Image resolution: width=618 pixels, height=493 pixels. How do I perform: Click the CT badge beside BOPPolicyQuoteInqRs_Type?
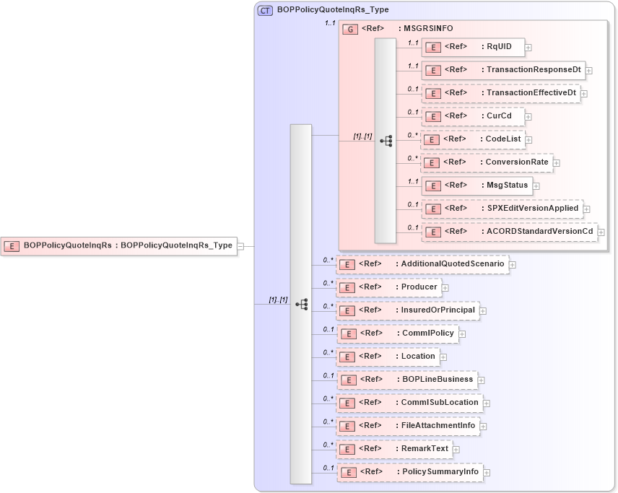pyautogui.click(x=265, y=10)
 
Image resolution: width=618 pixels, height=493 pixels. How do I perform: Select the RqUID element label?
pyautogui.click(x=499, y=47)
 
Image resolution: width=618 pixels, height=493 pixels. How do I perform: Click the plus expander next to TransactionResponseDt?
pyautogui.click(x=589, y=71)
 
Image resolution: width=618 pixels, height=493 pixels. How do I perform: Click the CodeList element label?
pyautogui.click(x=504, y=139)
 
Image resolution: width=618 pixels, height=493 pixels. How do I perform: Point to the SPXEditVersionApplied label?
pyautogui.click(x=533, y=209)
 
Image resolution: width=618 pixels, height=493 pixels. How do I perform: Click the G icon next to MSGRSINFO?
pyautogui.click(x=350, y=29)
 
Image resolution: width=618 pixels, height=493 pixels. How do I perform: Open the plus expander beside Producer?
pyautogui.click(x=445, y=287)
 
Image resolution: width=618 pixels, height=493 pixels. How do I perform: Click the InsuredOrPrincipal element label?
pyautogui.click(x=438, y=310)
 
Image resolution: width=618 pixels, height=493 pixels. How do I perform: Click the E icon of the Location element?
pyautogui.click(x=347, y=357)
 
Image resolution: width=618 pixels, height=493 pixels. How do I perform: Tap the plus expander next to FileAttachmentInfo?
pyautogui.click(x=484, y=426)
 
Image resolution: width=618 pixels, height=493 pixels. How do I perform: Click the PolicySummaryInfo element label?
pyautogui.click(x=440, y=472)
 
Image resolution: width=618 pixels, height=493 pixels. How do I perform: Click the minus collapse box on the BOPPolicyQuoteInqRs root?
pyautogui.click(x=241, y=246)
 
